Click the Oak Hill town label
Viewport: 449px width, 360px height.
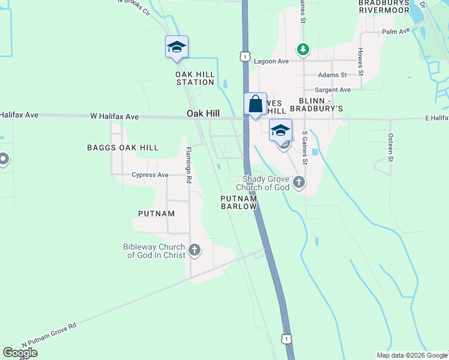[203, 113]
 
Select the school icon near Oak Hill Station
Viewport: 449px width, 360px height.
[176, 47]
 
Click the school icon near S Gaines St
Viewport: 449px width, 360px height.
[280, 130]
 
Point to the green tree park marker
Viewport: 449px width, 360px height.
[304, 49]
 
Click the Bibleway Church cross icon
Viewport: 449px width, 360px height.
[194, 250]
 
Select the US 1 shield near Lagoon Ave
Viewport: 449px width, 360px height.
[244, 56]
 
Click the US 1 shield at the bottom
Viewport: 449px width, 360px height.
[288, 339]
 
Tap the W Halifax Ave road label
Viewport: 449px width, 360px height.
[114, 116]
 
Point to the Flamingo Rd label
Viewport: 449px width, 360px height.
[188, 165]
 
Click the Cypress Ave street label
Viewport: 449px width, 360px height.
[150, 175]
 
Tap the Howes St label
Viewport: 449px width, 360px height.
[360, 61]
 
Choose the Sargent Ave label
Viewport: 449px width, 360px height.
[333, 89]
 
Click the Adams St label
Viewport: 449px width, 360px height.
[333, 75]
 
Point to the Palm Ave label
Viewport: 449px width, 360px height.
[396, 31]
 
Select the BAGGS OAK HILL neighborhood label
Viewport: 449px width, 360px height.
[122, 148]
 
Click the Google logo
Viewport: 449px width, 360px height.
[20, 353]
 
